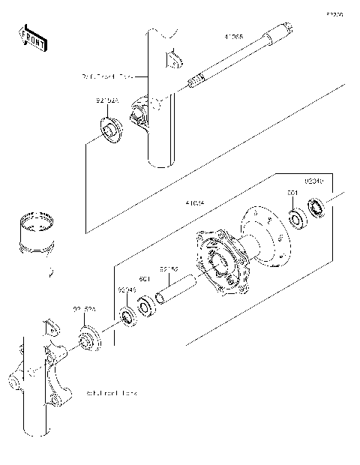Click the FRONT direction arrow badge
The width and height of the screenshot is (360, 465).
(x=32, y=37)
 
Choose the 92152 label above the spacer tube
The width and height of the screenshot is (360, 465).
(x=168, y=268)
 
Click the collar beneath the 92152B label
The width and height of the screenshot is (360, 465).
(x=90, y=339)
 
